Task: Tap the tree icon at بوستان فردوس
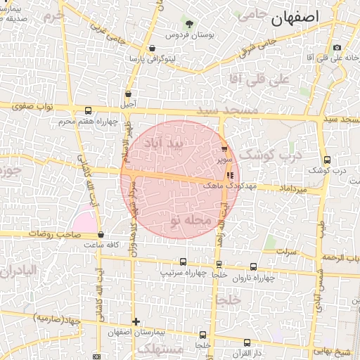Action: [188, 23]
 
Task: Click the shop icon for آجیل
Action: [128, 94]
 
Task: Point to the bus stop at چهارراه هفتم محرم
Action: [88, 110]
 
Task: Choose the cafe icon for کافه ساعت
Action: [101, 235]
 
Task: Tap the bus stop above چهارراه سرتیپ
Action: [184, 262]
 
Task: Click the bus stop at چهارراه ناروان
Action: [253, 266]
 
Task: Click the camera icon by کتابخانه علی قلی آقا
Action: [337, 48]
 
